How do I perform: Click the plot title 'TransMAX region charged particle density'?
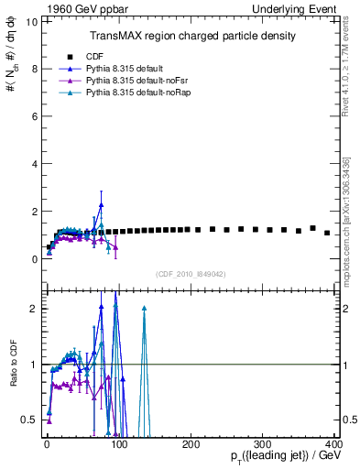point(191,36)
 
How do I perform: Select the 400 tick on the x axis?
point(334,444)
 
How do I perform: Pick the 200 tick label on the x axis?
point(191,444)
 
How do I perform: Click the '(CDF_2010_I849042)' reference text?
point(191,273)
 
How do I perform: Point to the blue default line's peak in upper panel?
point(101,205)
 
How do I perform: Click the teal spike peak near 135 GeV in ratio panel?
point(144,309)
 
